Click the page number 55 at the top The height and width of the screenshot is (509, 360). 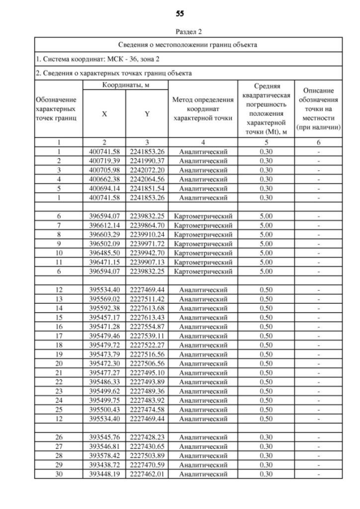click(180, 13)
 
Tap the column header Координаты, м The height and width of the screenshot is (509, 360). click(125, 84)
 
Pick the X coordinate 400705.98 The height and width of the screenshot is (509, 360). click(105, 170)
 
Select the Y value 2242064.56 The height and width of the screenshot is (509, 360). click(147, 179)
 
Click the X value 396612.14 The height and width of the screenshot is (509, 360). click(105, 225)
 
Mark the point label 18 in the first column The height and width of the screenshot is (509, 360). click(59, 344)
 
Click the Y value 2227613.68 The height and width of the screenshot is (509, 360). click(147, 308)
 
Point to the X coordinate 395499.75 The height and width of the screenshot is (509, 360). click(105, 399)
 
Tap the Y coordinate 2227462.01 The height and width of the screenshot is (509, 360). click(147, 473)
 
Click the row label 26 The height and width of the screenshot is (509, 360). click(59, 436)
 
